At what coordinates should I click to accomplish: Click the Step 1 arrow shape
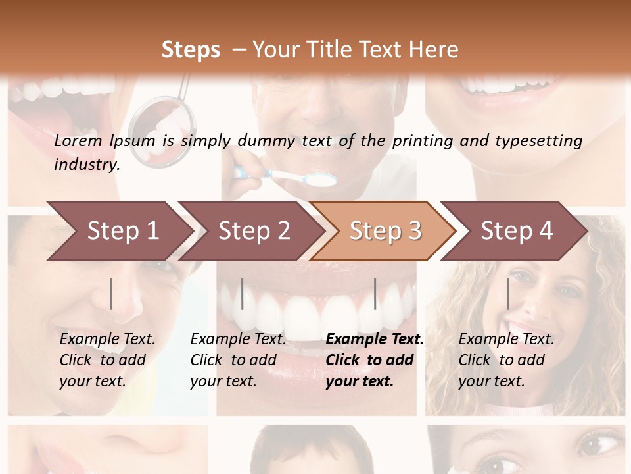118,231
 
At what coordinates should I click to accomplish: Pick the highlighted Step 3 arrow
385,231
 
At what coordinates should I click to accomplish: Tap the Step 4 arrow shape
516,231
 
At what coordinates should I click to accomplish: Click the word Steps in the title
191,50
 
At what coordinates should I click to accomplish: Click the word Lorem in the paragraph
78,141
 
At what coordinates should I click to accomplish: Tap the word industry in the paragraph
86,165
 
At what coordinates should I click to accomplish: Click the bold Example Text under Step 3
375,340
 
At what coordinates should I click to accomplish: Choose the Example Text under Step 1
107,340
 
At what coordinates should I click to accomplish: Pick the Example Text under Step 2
238,340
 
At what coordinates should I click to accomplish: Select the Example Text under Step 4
506,340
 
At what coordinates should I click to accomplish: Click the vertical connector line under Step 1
110,294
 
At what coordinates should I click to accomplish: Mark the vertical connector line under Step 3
375,294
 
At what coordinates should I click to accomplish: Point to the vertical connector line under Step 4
507,294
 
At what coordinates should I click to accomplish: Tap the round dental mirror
163,125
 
